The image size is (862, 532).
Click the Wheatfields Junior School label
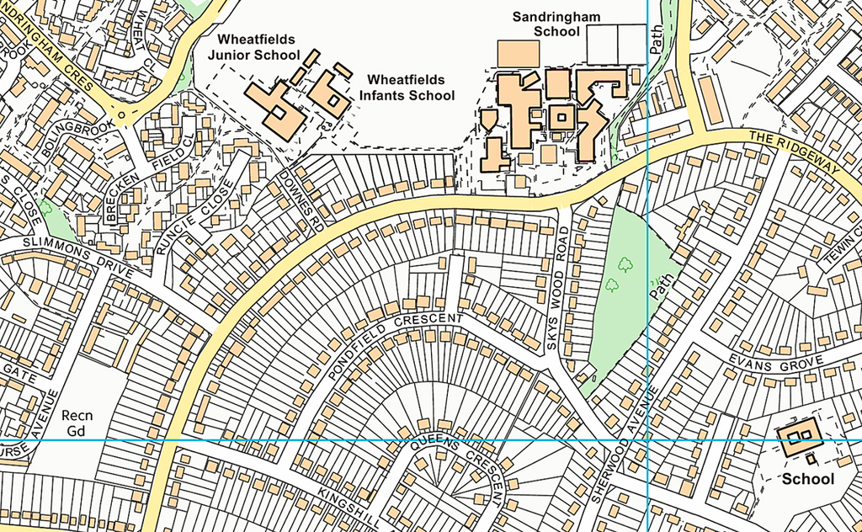[x=258, y=47]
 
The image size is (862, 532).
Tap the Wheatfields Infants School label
[x=410, y=87]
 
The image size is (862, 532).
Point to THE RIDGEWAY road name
[x=795, y=152]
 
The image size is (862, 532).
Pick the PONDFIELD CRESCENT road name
[x=396, y=342]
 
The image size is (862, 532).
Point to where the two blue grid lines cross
[x=647, y=440]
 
